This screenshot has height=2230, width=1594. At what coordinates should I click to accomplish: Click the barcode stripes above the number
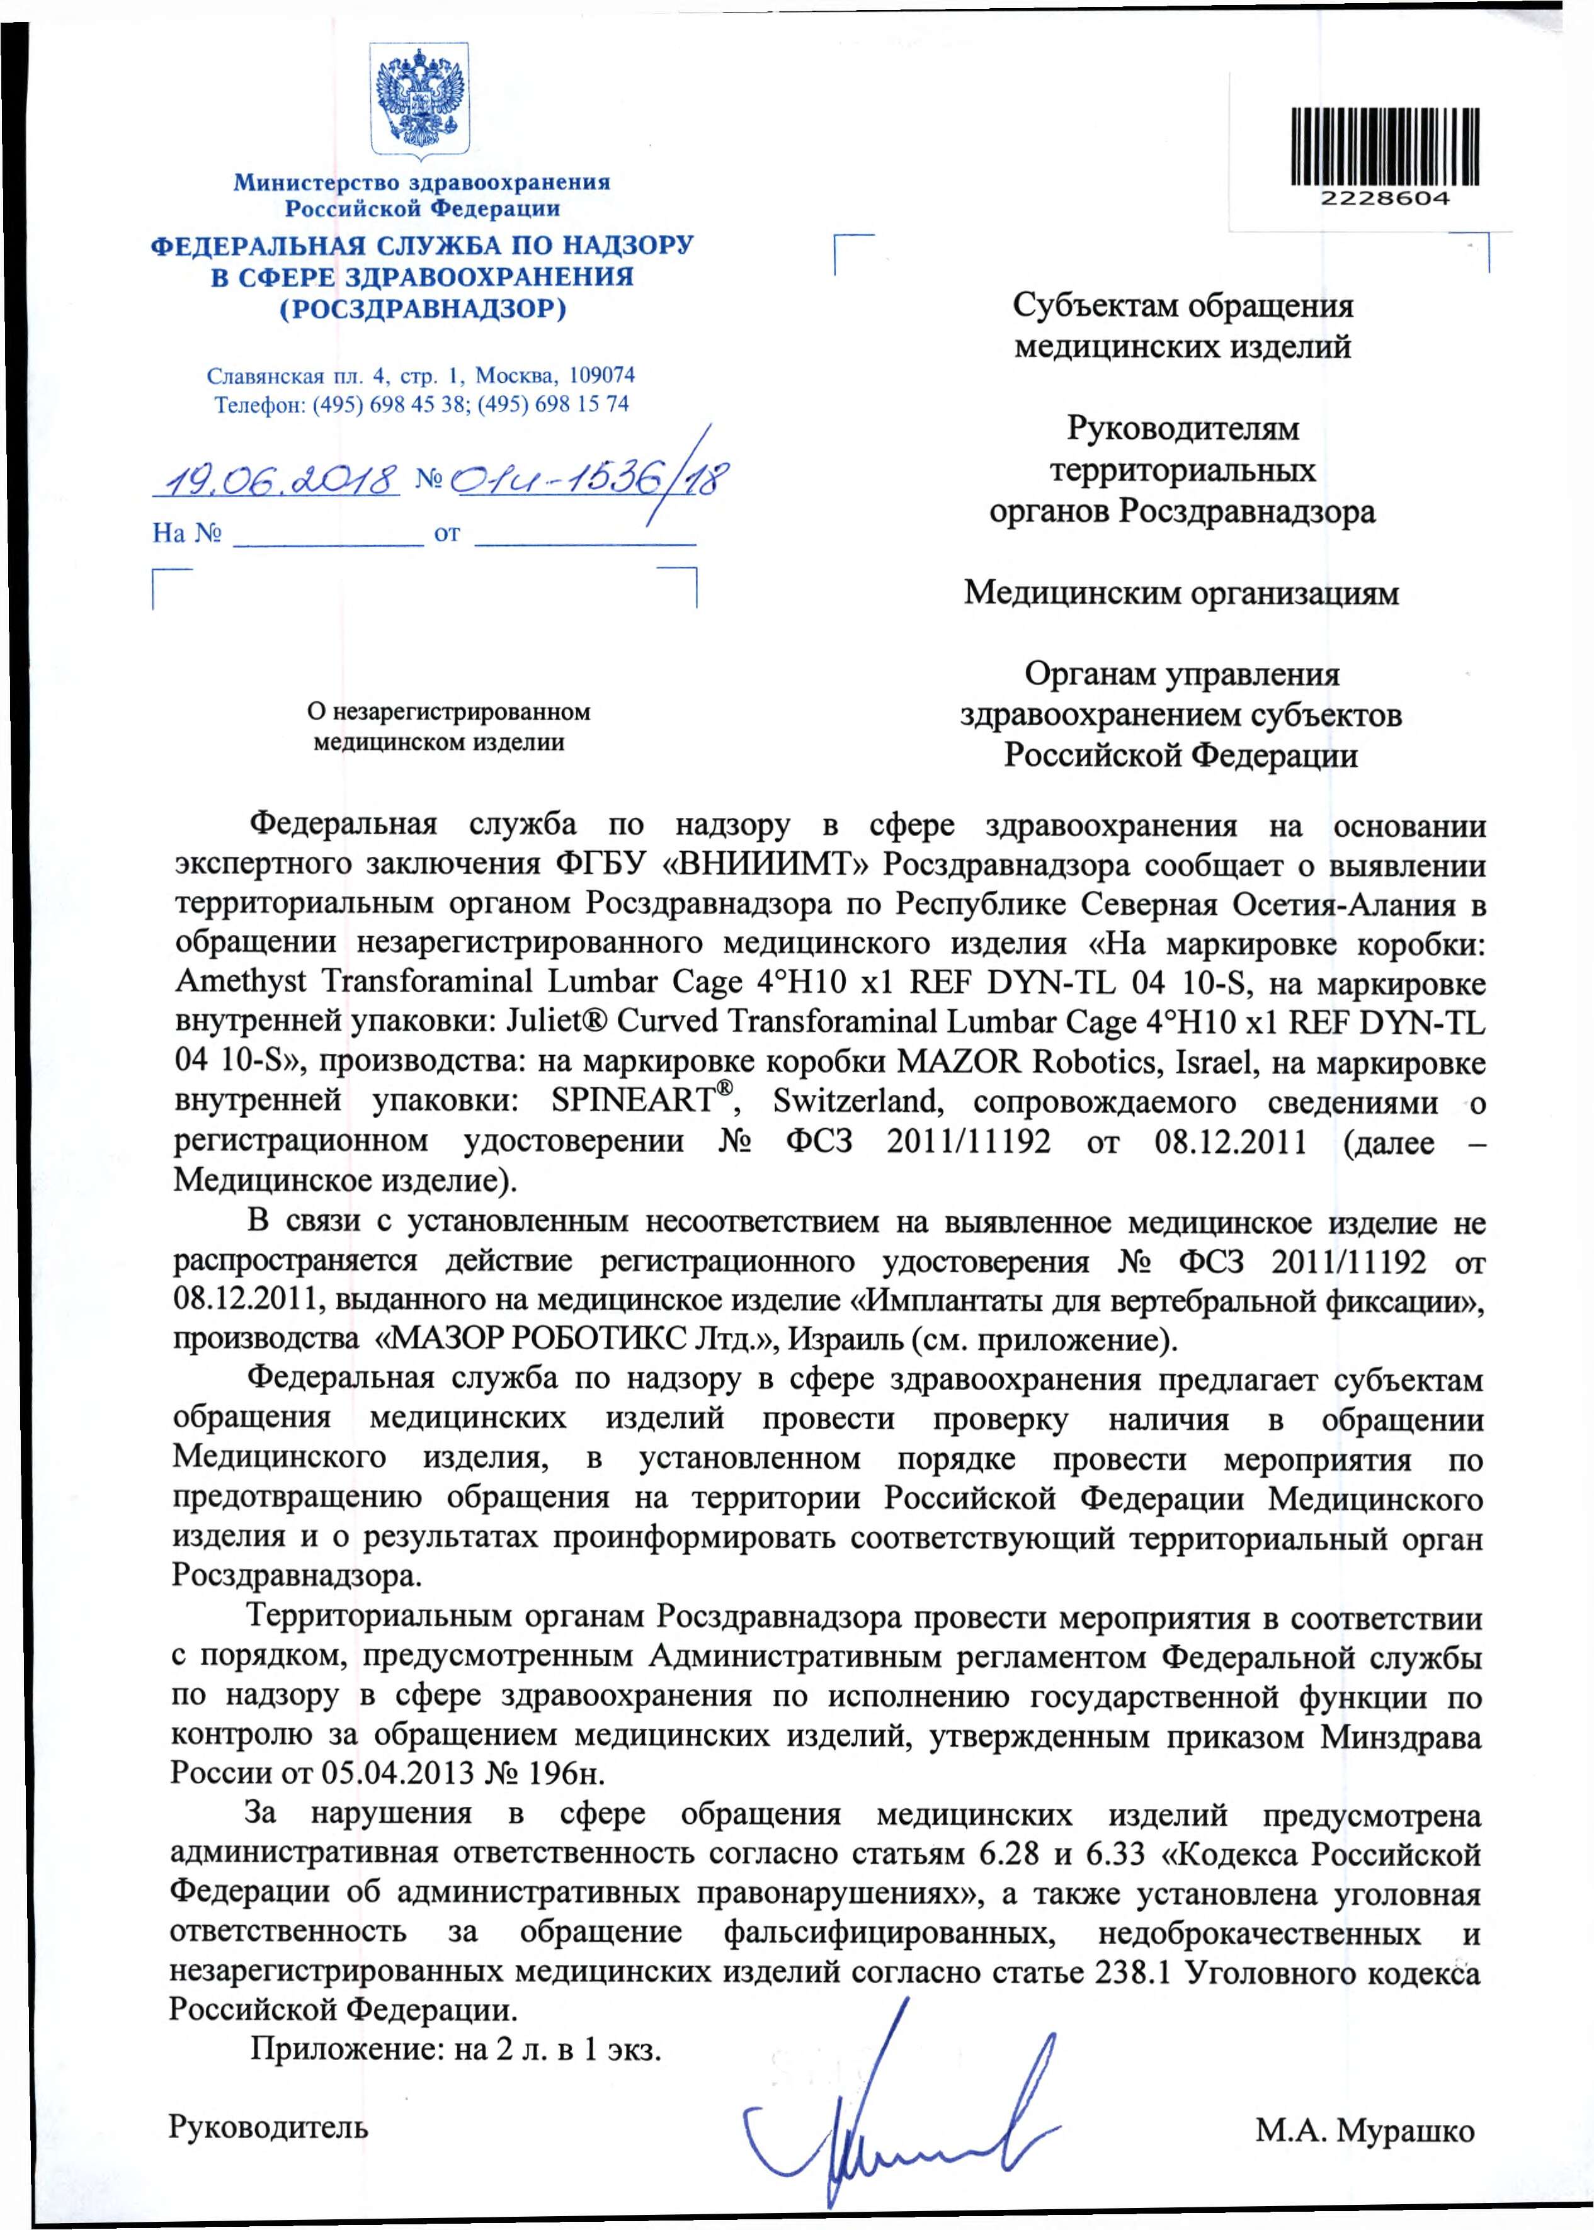tap(1384, 147)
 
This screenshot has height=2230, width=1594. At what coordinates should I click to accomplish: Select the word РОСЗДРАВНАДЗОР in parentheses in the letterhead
tap(423, 310)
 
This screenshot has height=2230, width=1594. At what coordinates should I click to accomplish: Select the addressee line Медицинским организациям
tap(1181, 592)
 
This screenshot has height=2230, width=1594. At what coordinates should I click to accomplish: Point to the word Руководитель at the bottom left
tap(269, 2127)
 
